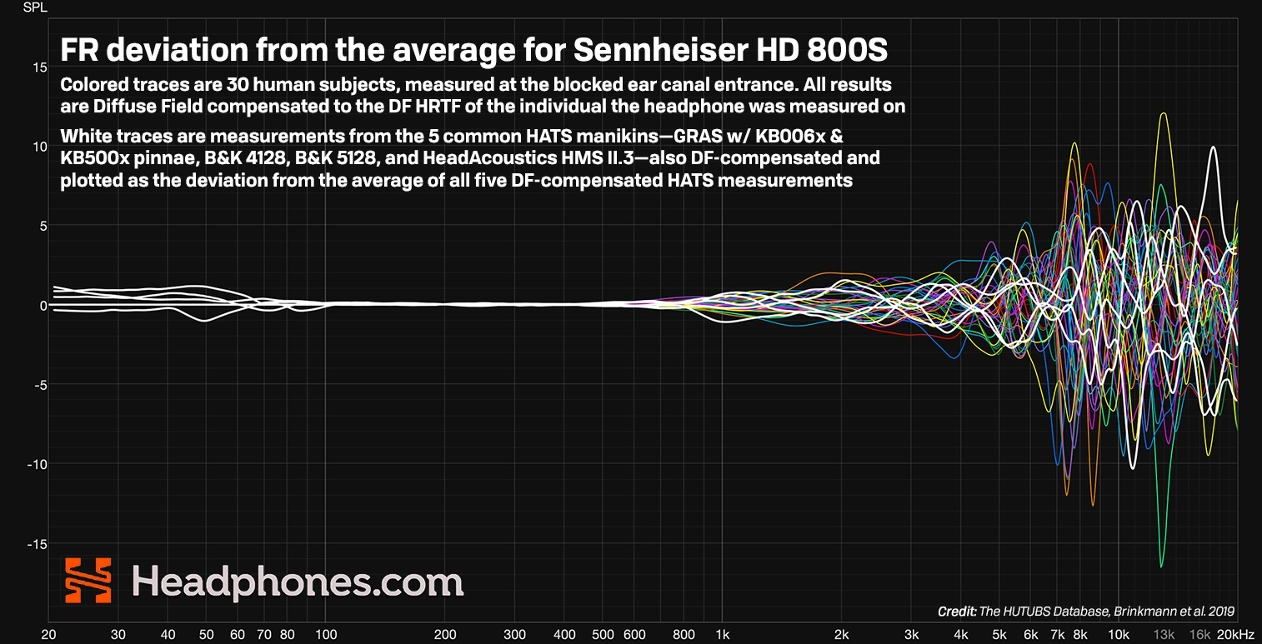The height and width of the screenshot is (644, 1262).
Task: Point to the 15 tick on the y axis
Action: pos(39,67)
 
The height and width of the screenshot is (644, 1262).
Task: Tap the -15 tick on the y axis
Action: pos(36,544)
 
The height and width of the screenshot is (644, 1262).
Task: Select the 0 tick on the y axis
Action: pos(43,306)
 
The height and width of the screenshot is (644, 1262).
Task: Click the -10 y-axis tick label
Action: pos(36,465)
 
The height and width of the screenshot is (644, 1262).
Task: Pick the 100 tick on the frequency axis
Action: pos(324,634)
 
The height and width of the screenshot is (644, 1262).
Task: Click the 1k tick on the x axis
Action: pos(722,634)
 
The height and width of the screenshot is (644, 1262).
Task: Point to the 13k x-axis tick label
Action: pos(1164,634)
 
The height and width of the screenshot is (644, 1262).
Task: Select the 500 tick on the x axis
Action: pos(603,634)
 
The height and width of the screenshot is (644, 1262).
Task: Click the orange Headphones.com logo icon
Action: pos(88,581)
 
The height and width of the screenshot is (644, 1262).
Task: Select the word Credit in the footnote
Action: pos(957,611)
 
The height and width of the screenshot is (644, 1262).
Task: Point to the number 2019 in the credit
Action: pos(1220,611)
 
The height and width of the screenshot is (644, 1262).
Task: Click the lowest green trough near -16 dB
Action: pos(1160,567)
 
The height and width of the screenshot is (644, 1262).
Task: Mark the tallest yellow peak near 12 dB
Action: pos(1163,114)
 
